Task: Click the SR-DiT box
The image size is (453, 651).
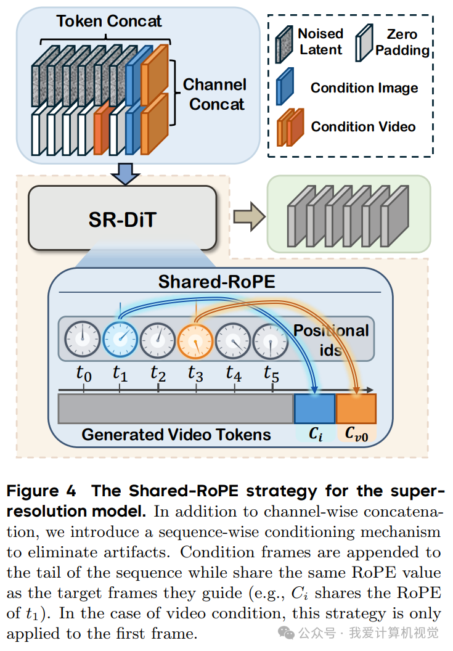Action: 123,218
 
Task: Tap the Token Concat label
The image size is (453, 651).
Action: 109,21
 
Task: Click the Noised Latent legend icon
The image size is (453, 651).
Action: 284,44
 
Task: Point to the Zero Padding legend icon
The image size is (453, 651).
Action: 364,43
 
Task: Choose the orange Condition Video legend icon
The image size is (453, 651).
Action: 290,127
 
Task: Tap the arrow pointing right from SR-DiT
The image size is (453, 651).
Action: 249,216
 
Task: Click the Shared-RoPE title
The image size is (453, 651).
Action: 217,282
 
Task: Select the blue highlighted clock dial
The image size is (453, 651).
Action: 120,339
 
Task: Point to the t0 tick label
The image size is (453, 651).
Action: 83,373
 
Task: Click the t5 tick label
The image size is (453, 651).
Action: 272,373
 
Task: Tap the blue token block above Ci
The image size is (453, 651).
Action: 314,409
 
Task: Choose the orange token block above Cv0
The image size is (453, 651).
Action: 356,409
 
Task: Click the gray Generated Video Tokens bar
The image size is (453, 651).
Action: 176,409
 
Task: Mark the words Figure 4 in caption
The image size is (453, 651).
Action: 41,491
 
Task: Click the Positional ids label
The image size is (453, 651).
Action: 331,340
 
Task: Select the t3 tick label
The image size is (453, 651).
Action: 195,373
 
